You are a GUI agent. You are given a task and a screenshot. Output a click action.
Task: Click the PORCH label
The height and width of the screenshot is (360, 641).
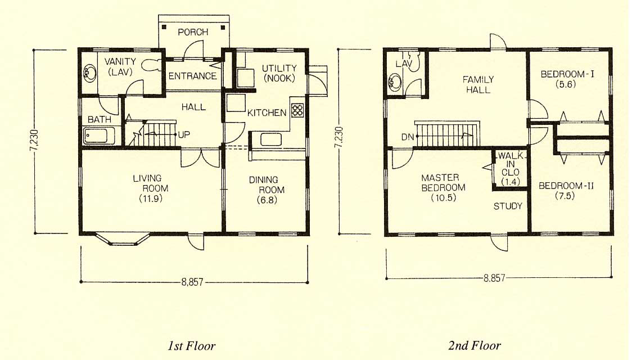[x=193, y=32]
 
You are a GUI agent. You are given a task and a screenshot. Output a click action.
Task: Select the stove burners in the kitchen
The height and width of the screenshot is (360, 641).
[x=297, y=110]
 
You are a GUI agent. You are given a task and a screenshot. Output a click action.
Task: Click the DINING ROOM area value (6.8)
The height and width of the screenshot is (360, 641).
[x=267, y=200]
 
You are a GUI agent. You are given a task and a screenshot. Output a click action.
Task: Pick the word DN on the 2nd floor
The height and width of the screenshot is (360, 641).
[x=408, y=137]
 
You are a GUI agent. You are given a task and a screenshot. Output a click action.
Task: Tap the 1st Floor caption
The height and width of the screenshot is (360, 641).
[x=191, y=346]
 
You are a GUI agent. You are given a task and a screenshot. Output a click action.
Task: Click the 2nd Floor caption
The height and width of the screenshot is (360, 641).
[x=474, y=346]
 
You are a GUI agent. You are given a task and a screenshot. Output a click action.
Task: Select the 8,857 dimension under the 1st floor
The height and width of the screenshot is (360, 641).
[x=192, y=282]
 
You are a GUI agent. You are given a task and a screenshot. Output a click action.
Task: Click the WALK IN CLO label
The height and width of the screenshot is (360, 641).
[x=511, y=169]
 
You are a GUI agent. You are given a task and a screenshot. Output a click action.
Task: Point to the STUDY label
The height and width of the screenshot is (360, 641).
[x=508, y=206]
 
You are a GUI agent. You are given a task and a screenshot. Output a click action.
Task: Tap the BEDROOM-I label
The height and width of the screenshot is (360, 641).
[x=567, y=74]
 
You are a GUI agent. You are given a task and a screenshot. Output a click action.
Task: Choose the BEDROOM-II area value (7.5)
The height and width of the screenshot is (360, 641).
[x=565, y=196]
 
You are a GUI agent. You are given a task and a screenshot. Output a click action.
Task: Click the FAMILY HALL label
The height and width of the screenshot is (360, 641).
[x=478, y=85]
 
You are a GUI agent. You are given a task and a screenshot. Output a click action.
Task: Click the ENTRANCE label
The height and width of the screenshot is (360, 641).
[x=192, y=76]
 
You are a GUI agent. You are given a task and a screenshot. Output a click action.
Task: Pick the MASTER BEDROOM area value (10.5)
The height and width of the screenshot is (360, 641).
[x=444, y=198]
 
